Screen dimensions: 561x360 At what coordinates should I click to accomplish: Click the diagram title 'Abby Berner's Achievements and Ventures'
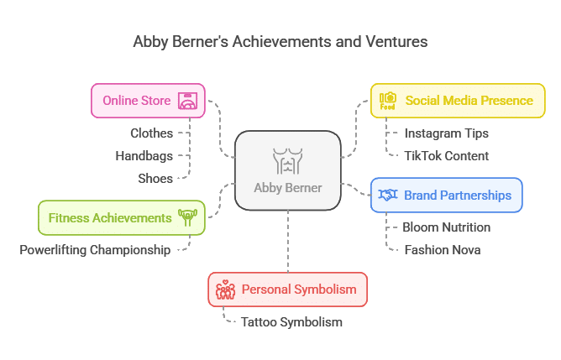tap(280, 42)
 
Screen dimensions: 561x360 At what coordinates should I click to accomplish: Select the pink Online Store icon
tap(188, 101)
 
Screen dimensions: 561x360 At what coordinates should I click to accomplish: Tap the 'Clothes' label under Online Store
tap(152, 133)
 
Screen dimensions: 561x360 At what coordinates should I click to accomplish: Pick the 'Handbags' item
tap(144, 156)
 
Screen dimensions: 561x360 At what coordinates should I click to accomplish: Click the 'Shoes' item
tap(155, 179)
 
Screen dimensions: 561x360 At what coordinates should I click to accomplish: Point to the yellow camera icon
tap(388, 101)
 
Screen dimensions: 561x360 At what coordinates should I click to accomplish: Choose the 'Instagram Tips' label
tap(447, 133)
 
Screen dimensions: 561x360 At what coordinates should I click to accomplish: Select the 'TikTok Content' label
tap(447, 156)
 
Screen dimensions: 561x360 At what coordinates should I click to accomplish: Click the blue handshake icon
tap(388, 195)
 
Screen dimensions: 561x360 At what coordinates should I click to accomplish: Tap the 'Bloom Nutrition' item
tap(447, 227)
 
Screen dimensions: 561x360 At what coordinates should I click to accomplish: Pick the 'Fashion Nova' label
tap(443, 250)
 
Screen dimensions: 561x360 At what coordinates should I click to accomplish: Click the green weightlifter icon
tap(188, 217)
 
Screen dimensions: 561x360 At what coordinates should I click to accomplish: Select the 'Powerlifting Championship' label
tap(95, 250)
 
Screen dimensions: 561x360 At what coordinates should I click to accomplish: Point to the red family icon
tap(225, 290)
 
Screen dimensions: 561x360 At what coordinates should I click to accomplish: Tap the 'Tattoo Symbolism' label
tap(291, 322)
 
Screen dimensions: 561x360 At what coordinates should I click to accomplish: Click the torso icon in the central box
tap(288, 161)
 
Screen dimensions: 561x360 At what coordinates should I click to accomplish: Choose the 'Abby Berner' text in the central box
tap(288, 188)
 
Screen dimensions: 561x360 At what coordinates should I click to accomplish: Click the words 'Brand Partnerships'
tap(458, 196)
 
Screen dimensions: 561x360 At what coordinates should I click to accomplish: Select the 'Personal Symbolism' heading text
tap(299, 290)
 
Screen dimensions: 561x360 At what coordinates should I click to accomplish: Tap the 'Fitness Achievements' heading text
tap(110, 217)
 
